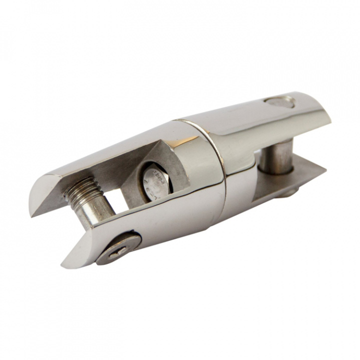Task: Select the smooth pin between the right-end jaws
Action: point(278,158)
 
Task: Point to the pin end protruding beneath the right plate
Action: point(290,192)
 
